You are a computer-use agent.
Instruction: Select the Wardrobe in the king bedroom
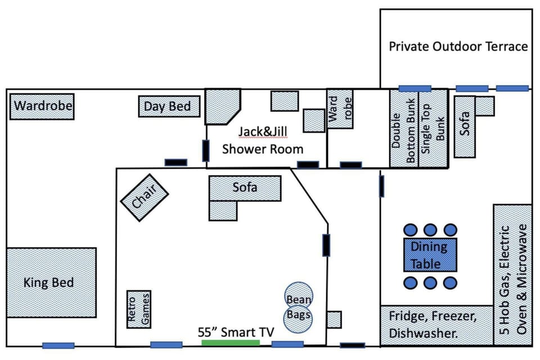point(42,106)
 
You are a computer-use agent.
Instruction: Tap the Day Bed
point(169,106)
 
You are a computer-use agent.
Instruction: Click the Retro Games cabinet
point(138,309)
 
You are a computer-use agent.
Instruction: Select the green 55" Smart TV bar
point(231,342)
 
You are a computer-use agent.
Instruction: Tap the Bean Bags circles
point(298,307)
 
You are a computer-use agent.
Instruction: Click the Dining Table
point(430,254)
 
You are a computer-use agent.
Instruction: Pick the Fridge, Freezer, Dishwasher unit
point(433,325)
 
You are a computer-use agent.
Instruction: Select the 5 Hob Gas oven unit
point(512,274)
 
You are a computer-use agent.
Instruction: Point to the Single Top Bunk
point(434,129)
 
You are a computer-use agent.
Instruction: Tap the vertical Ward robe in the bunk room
point(340,109)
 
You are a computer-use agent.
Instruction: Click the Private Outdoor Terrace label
point(458,46)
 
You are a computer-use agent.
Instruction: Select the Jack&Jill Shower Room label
point(263,140)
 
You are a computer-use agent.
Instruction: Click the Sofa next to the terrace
point(465,127)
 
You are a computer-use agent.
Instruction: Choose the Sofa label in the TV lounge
point(245,187)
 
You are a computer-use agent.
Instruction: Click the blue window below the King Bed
point(58,345)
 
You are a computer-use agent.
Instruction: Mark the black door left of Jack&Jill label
point(206,151)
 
